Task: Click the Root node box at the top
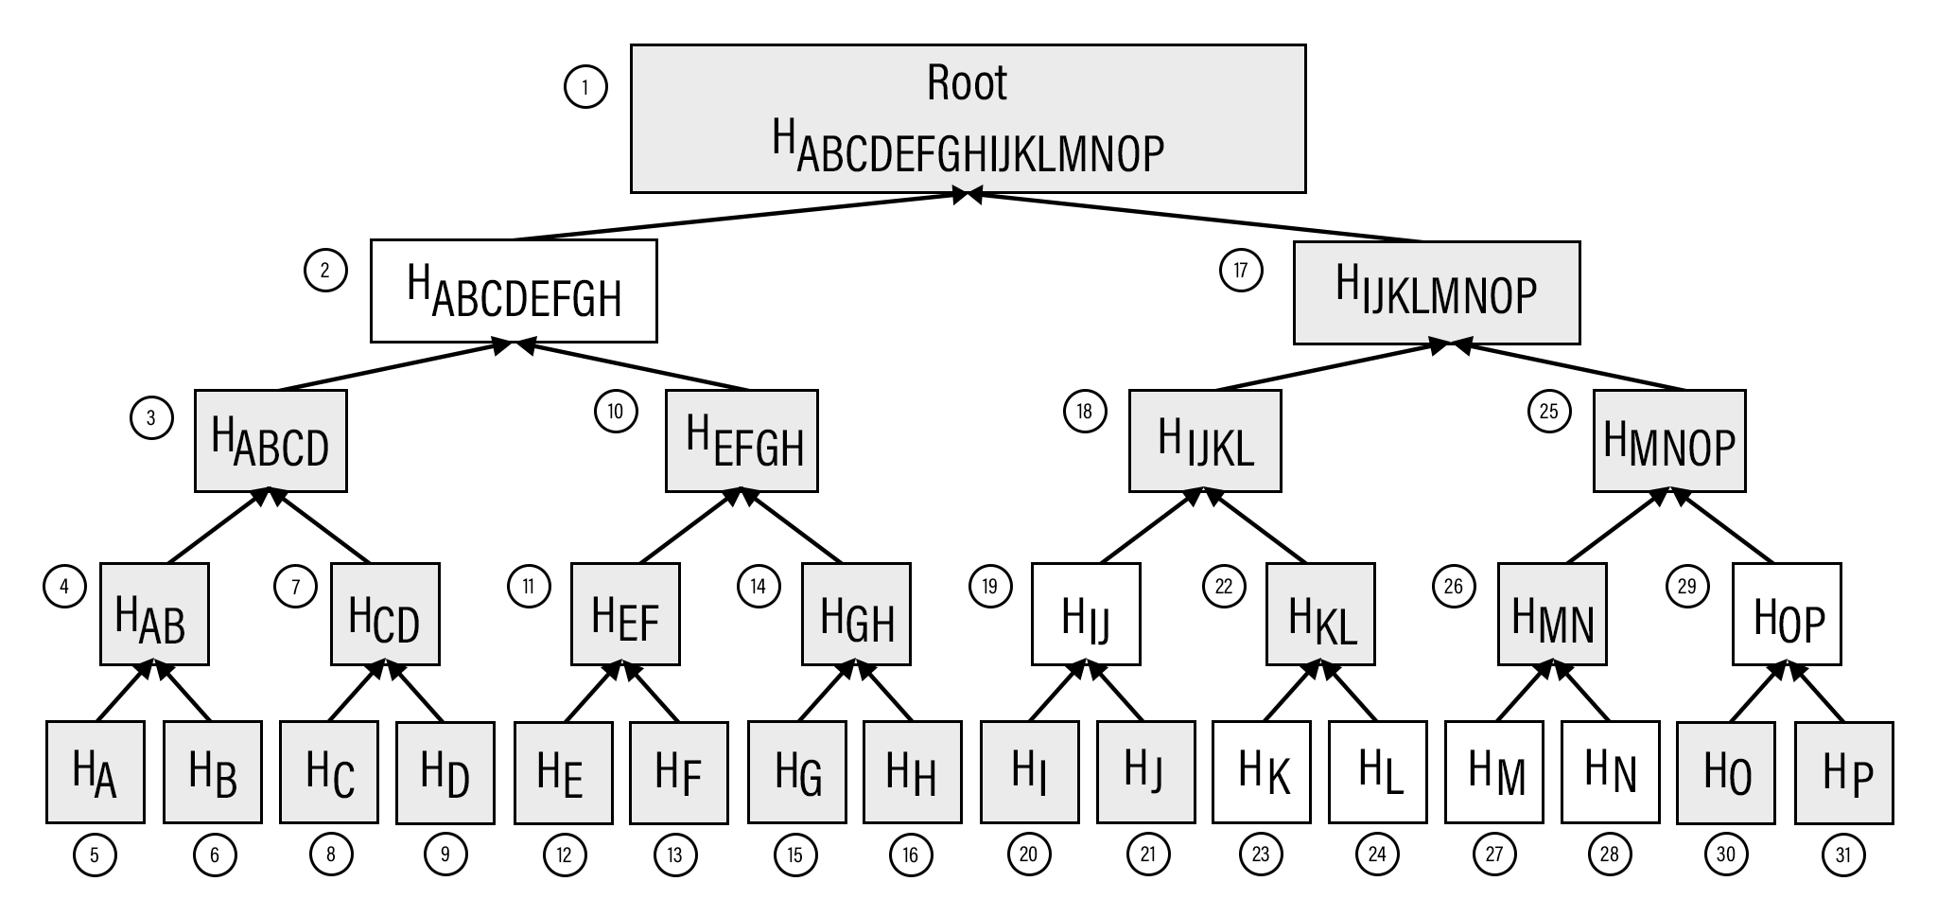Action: coord(968,118)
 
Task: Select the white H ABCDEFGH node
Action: coord(514,291)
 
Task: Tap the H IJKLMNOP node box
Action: coord(1436,292)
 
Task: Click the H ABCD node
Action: coord(270,441)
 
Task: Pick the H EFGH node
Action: coord(742,441)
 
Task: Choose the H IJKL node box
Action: coord(1205,441)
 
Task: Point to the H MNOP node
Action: coord(1669,441)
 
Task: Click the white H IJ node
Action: coord(1086,614)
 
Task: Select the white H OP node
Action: coord(1787,614)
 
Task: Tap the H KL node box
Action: coord(1320,614)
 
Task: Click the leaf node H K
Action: coord(1262,772)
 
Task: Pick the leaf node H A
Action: coord(96,772)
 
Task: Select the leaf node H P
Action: coord(1844,772)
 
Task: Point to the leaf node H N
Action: coord(1611,772)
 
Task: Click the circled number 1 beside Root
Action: coord(585,88)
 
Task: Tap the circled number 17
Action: coord(1240,271)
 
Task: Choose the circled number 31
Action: coord(1843,855)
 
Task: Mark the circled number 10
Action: coord(616,412)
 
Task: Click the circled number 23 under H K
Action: coord(1261,855)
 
